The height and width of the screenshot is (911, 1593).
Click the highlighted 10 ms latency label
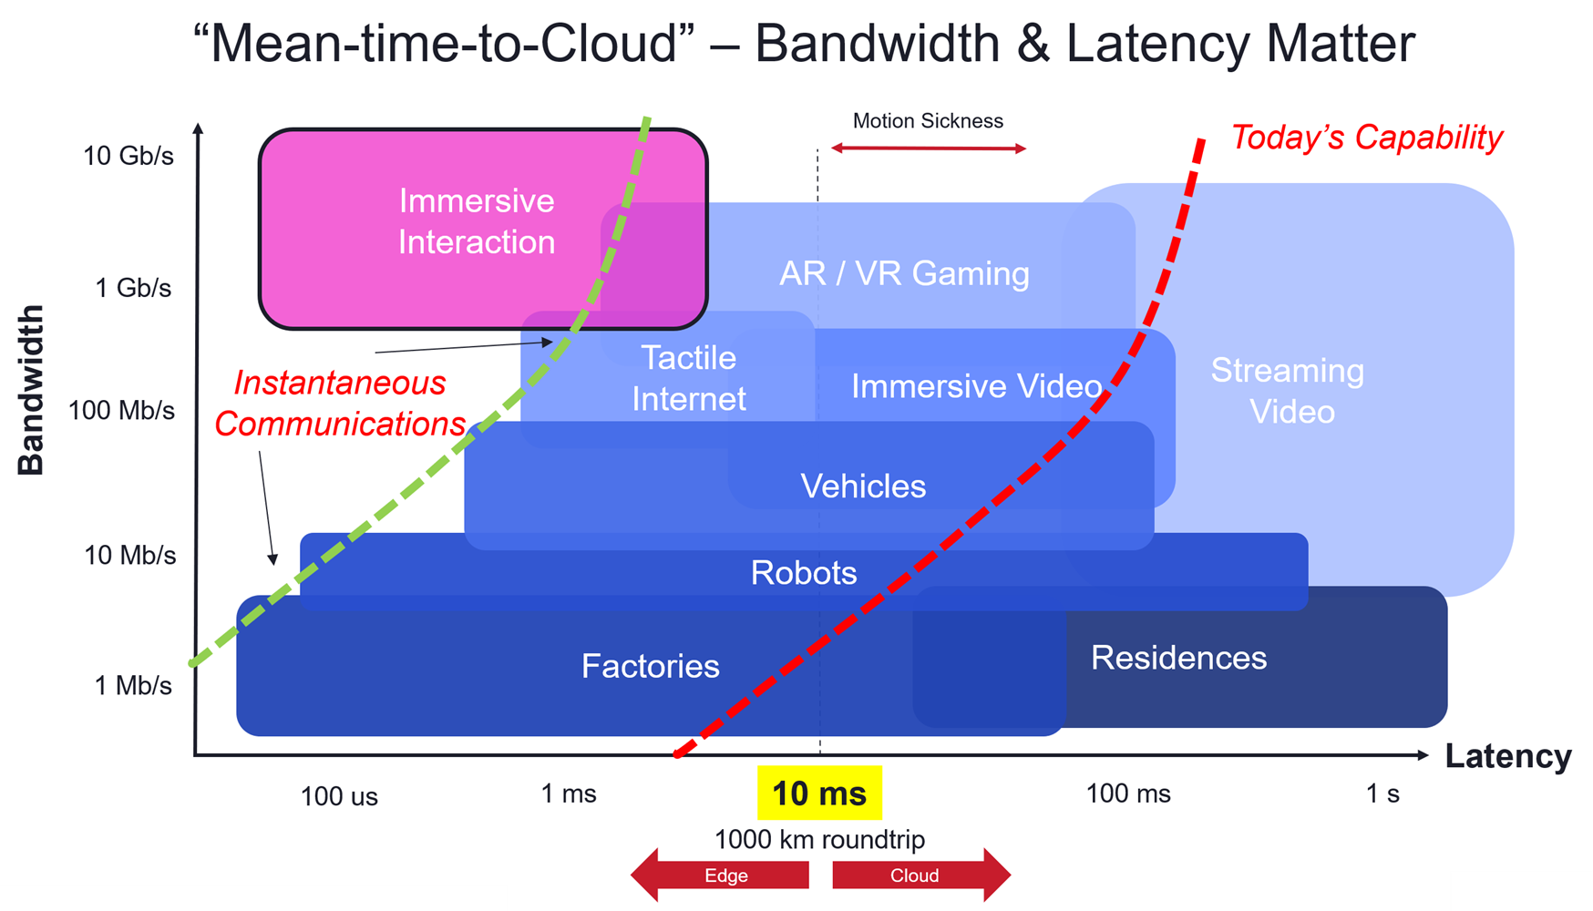(819, 793)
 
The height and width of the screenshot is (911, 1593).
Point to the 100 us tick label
(339, 797)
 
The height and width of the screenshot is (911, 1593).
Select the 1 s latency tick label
(1382, 793)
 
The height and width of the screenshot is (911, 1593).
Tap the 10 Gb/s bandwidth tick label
(128, 156)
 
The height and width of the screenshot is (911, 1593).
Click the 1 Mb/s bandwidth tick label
(133, 686)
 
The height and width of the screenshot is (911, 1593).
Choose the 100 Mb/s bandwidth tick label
(121, 411)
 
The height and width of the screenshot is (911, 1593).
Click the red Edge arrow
(721, 875)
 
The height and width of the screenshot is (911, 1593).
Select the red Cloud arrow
(920, 875)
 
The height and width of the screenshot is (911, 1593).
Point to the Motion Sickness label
(928, 121)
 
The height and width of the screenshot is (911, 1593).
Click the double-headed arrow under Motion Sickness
(929, 148)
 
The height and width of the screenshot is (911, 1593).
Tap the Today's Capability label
(1366, 138)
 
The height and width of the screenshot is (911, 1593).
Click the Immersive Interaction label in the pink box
(477, 221)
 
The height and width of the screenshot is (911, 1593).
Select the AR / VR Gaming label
(904, 273)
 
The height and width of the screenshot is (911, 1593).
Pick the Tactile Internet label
(689, 378)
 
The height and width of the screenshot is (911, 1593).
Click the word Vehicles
(863, 486)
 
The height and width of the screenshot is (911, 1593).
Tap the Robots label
(804, 573)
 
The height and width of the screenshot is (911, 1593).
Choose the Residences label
(1178, 658)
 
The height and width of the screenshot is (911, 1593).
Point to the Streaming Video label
(1289, 391)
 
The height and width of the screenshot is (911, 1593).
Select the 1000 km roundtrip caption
(819, 839)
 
